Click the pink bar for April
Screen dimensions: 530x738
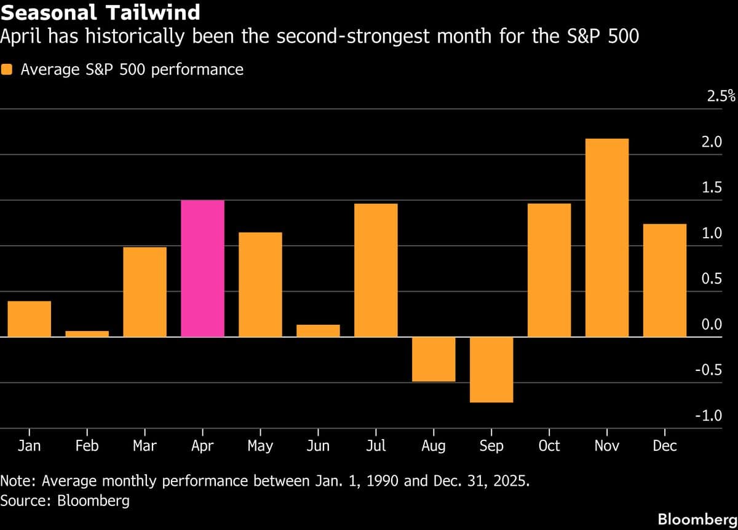(x=202, y=268)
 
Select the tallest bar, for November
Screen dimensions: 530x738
(x=607, y=238)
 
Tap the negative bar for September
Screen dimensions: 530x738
(x=491, y=370)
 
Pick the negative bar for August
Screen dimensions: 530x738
(x=434, y=359)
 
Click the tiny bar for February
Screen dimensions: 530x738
(x=87, y=333)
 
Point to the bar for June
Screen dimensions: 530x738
(x=318, y=330)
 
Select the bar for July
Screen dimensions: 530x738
(x=376, y=270)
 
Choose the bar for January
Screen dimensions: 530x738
(x=29, y=319)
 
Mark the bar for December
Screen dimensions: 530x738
(x=665, y=280)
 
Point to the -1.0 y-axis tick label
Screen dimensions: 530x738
(x=708, y=416)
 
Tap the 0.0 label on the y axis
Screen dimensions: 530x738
(x=711, y=324)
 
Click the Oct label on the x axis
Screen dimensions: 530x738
(x=549, y=446)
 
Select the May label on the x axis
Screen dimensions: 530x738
(x=260, y=446)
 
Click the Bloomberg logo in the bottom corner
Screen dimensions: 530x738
(x=697, y=519)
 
